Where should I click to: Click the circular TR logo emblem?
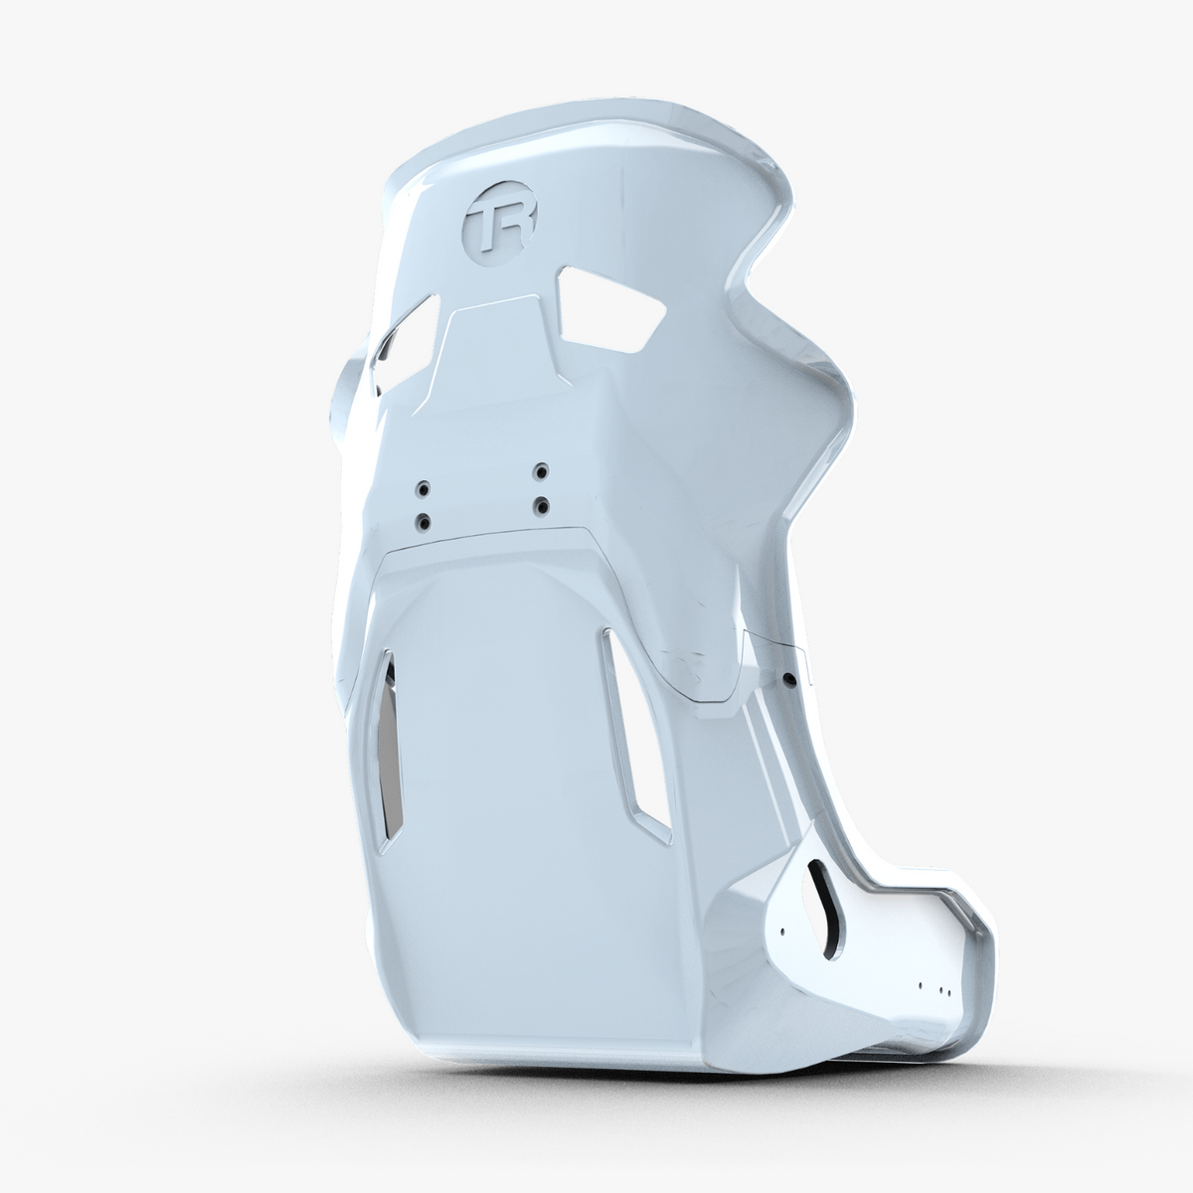tap(501, 224)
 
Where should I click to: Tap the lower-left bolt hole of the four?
tap(425, 522)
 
